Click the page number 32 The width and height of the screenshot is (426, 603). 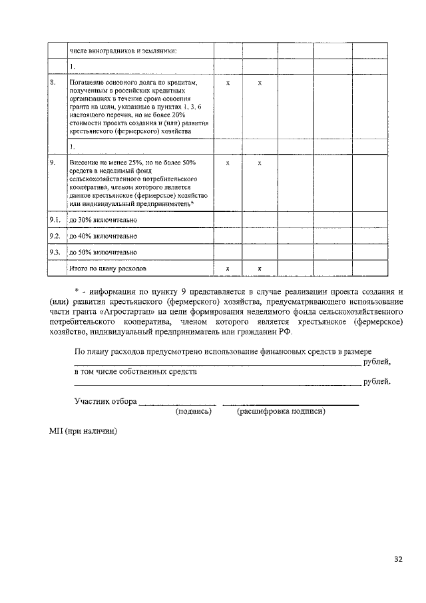pyautogui.click(x=398, y=560)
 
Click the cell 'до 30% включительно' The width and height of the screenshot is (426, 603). pyautogui.click(x=103, y=220)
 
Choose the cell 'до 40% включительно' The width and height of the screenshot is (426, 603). pyautogui.click(x=103, y=236)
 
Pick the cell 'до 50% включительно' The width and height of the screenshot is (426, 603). pyautogui.click(x=103, y=252)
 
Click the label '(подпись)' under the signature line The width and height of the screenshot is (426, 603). pyautogui.click(x=194, y=412)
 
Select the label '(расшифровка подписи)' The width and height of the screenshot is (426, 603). pyautogui.click(x=281, y=412)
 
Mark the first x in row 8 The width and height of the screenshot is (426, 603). pyautogui.click(x=228, y=83)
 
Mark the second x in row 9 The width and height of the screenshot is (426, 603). pyautogui.click(x=260, y=163)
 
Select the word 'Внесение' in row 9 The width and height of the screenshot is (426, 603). pyautogui.click(x=84, y=163)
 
